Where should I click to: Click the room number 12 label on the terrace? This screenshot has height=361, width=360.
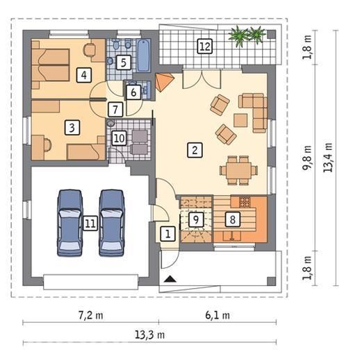coord(205,47)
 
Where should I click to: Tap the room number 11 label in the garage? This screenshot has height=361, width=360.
coord(90,224)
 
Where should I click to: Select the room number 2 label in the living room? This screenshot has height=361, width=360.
coord(195,150)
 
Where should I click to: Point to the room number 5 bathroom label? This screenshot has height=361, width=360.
coord(124,62)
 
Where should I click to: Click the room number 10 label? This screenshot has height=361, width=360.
coord(120,138)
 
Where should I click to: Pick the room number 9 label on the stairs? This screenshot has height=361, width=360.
coord(196,219)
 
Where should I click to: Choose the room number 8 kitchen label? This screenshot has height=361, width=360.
coord(233,219)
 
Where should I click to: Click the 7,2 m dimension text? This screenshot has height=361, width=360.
coord(90,315)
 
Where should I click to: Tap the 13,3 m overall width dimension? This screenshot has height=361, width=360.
coord(149,335)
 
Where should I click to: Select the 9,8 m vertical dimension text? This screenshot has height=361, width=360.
coord(307,158)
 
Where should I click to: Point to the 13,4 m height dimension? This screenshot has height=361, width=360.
coord(328,158)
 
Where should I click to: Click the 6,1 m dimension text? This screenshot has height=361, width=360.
coord(218,315)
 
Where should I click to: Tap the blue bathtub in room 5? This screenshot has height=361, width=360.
coord(144,56)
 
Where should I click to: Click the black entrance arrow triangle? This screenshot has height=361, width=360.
coord(170,279)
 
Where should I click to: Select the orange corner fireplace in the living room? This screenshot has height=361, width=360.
coord(164,82)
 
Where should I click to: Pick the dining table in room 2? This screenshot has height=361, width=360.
coord(239,171)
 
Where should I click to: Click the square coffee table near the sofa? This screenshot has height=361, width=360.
coord(240,120)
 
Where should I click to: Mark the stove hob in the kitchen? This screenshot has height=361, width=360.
coord(245,202)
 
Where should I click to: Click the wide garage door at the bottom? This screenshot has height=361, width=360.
coord(91,282)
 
